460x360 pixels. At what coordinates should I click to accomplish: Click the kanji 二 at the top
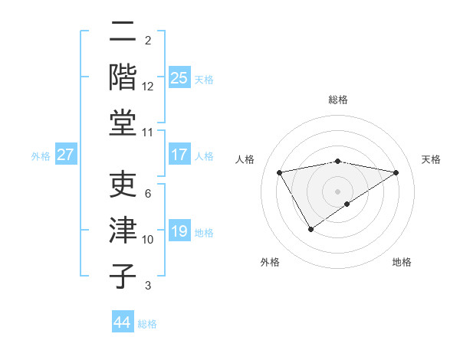(123, 32)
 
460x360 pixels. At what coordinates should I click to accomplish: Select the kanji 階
(123, 77)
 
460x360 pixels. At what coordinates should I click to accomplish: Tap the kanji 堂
(123, 123)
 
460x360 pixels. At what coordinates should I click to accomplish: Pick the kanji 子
(123, 276)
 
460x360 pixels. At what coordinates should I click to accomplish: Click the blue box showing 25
(179, 77)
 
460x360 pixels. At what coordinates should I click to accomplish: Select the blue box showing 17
(179, 155)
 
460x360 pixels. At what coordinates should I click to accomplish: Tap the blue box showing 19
(179, 231)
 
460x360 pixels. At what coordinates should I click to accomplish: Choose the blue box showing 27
(66, 155)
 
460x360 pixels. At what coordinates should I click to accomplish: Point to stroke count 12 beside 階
(148, 86)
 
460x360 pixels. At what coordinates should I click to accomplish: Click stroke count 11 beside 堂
(148, 133)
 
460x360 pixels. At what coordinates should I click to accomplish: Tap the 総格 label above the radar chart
(338, 100)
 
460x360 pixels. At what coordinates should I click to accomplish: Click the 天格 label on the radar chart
(431, 159)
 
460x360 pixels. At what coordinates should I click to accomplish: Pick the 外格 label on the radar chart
(270, 262)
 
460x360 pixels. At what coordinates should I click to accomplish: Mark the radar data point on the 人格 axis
(280, 172)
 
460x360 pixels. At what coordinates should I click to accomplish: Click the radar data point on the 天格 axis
(396, 172)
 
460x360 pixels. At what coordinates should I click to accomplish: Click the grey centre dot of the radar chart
(337, 191)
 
